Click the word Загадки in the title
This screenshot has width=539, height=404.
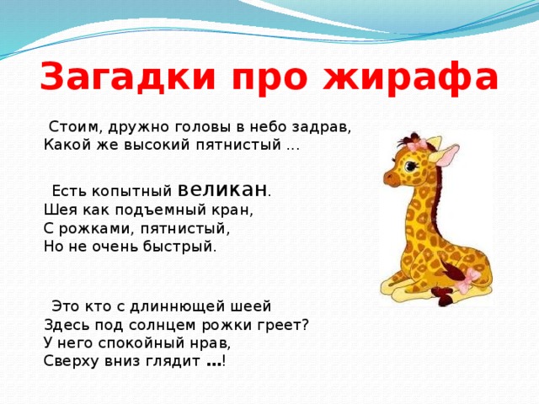127,77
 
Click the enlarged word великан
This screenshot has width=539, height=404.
222,189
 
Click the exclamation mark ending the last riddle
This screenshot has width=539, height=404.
224,361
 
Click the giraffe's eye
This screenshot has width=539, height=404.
411,167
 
